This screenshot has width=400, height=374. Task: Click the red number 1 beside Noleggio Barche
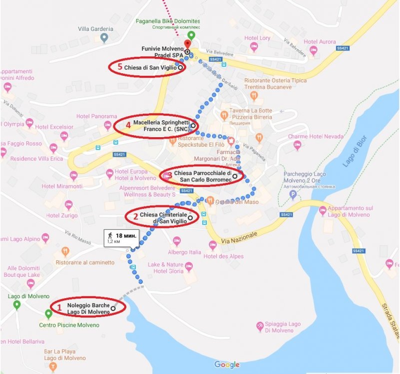click(x=59, y=308)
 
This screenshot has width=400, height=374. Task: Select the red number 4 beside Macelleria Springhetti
click(x=128, y=126)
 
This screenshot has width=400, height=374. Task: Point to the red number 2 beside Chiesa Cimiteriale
click(x=135, y=217)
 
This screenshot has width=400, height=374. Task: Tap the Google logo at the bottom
click(x=227, y=365)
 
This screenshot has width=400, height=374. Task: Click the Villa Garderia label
click(x=95, y=29)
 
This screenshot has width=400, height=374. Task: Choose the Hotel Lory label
click(x=257, y=38)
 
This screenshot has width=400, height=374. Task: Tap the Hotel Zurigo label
click(x=61, y=215)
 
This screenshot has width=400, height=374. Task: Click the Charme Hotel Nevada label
click(x=315, y=137)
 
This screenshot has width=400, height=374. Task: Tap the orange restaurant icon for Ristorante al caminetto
click(x=65, y=251)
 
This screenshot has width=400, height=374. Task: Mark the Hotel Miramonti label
click(x=62, y=186)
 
